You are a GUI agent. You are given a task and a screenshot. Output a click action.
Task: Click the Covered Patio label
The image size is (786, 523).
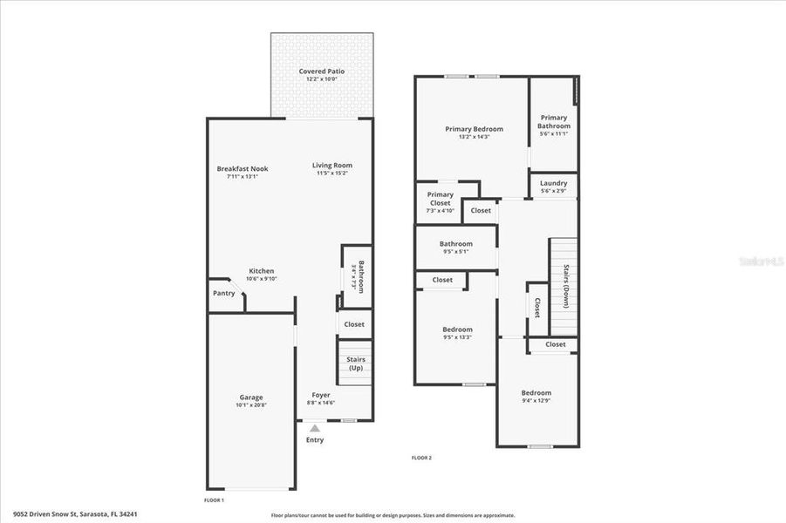click(321, 71)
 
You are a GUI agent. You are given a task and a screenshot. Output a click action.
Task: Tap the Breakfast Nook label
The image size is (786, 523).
click(243, 168)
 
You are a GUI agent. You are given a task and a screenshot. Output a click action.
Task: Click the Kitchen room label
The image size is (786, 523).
click(262, 271)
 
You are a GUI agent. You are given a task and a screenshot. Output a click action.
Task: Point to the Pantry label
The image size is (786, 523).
click(223, 293)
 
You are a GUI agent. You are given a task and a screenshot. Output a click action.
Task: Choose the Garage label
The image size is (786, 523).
click(251, 397)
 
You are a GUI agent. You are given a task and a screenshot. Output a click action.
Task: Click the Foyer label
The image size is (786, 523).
click(320, 395)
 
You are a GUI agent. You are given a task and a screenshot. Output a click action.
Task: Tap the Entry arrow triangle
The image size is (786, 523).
click(315, 428)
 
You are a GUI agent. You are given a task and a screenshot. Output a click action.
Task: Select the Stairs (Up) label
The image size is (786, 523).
click(355, 363)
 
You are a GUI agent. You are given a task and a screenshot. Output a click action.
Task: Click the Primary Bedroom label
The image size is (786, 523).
click(474, 129)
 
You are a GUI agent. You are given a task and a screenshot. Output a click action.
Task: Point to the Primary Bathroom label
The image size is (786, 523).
click(554, 121)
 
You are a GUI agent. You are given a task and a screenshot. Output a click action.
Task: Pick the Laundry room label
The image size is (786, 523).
click(553, 183)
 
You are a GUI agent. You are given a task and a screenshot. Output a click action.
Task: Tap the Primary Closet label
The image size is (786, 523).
click(441, 199)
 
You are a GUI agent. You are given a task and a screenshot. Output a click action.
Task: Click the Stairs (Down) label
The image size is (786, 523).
click(566, 286)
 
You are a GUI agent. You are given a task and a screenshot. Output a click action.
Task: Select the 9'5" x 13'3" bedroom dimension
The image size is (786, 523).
click(457, 337)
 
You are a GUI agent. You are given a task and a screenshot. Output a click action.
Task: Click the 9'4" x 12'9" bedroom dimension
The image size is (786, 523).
click(537, 400)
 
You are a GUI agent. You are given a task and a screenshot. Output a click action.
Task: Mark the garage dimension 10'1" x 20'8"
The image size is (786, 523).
click(251, 405)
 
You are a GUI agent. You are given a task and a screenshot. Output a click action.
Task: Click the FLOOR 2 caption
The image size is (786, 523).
click(421, 458)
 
